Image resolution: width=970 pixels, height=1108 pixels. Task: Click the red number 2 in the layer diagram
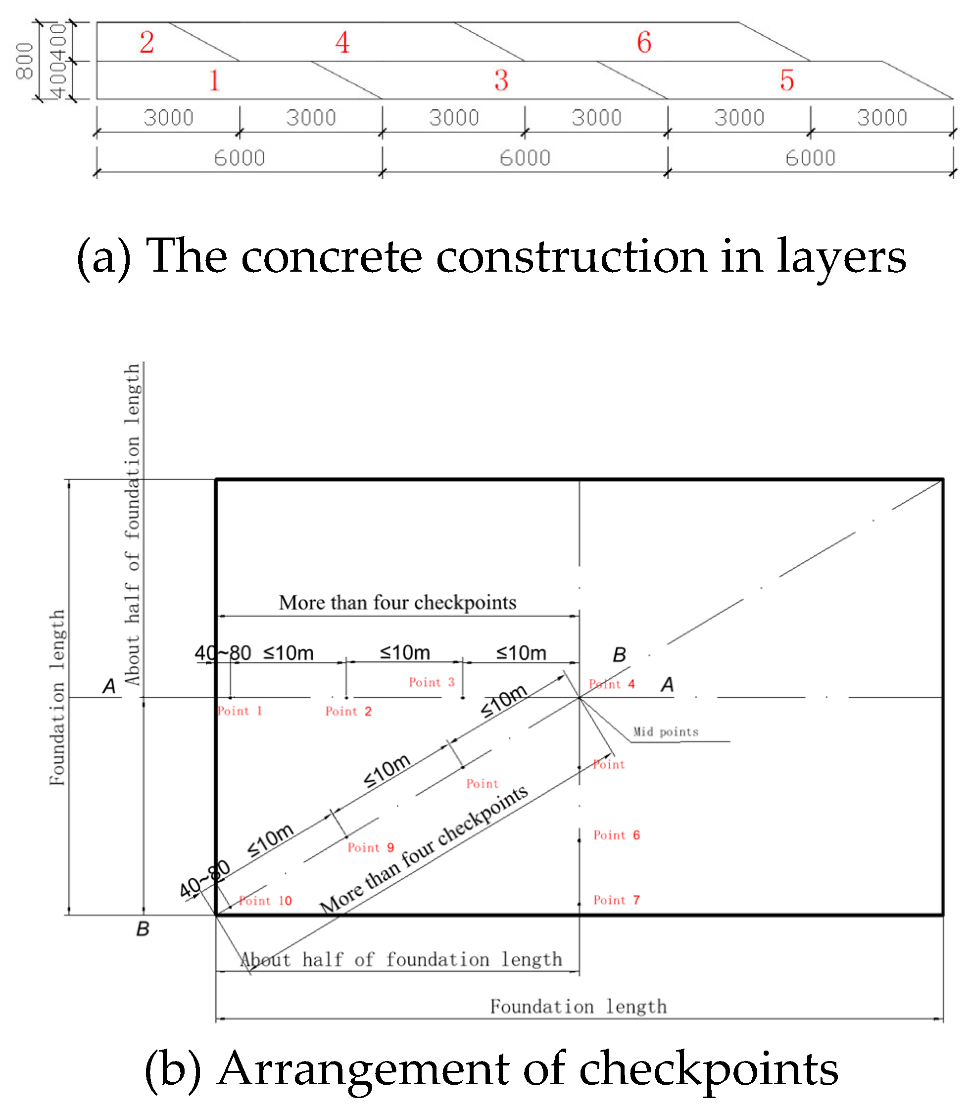146,42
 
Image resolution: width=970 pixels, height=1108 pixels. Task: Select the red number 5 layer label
786,80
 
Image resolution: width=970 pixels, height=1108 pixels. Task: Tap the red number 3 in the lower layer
501,80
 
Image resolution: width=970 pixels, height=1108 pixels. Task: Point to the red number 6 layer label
643,42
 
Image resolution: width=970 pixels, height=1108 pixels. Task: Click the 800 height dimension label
25,61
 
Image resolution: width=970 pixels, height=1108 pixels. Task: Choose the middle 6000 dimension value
525,158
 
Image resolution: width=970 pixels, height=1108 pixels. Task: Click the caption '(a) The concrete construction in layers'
491,256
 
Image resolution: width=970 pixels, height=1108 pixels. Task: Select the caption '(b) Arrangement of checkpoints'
491,1069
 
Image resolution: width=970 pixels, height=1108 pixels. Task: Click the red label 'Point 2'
348,711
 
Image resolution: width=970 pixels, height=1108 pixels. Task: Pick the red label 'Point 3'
432,682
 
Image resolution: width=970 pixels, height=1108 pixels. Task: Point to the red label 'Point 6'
617,835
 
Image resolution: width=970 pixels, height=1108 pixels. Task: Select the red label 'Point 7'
617,900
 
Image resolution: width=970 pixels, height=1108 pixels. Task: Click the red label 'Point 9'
371,848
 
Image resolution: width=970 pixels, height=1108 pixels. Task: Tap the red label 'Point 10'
265,901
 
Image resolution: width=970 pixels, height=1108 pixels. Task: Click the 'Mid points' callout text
666,732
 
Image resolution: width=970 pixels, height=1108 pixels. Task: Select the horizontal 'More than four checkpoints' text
397,602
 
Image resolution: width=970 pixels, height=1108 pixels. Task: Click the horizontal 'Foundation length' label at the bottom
578,1006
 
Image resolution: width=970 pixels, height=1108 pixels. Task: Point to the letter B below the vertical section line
143,929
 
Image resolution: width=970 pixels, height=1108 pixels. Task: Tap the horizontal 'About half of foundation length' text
401,960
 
